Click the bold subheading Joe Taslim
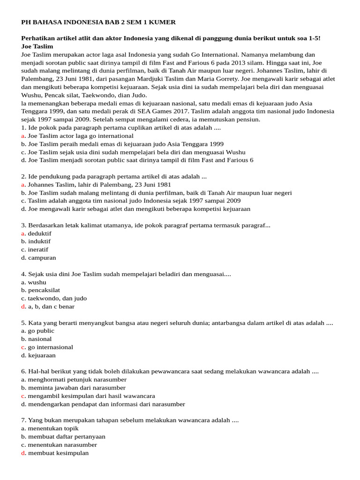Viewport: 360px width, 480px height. pos(37,46)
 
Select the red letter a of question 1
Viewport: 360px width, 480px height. pos(23,136)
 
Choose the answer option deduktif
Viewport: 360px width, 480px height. pos(39,233)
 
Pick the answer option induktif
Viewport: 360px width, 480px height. pos(39,241)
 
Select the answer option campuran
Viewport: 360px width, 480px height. pos(42,258)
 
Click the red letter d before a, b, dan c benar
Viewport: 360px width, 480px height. pos(23,307)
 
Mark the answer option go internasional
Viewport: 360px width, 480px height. pos(50,347)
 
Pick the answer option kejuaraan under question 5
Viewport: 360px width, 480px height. pos(42,355)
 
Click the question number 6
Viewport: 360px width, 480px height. pos(23,372)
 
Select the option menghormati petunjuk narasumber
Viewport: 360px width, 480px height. pos(77,380)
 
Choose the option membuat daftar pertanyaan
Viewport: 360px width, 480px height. pos(67,436)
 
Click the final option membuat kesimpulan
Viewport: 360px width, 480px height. pos(58,453)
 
